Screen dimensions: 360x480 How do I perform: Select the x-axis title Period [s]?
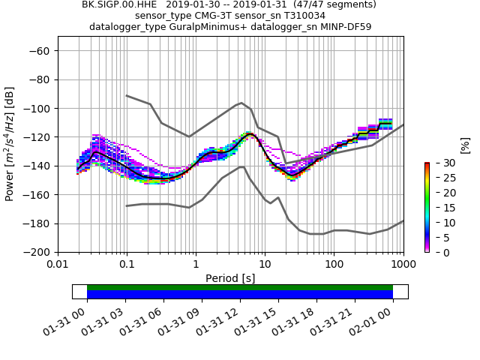[x=230, y=277]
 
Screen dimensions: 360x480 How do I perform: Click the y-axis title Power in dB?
[x=10, y=144]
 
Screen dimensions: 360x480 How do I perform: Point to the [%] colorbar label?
[x=465, y=145]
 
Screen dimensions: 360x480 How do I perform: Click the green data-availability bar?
[x=240, y=287]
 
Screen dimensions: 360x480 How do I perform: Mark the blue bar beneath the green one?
[x=240, y=295]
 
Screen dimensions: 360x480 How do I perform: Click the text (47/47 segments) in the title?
[x=329, y=4]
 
